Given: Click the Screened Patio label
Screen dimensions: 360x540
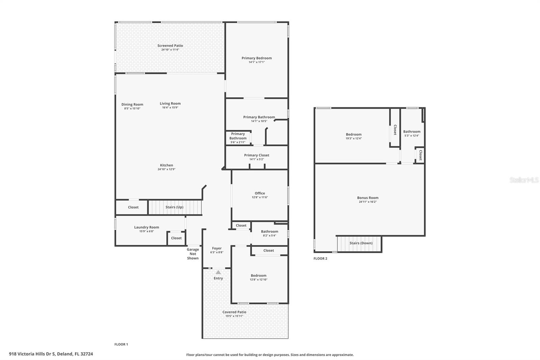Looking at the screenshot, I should (170, 46).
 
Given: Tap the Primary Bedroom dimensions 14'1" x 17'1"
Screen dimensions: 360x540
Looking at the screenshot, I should (256, 62).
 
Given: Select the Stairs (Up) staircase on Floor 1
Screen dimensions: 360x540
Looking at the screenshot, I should (174, 207).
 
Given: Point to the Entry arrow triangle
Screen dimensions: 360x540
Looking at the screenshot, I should (218, 272).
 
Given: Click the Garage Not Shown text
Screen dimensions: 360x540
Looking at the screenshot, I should (193, 254).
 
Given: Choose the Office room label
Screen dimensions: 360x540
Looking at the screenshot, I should (260, 193).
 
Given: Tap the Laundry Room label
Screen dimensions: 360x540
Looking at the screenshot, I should (146, 227).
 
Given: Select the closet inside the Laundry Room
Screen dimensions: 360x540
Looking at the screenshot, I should (176, 238).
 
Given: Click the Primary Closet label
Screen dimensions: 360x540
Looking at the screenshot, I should (256, 155).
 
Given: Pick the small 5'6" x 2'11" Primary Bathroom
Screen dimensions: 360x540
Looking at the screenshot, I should (238, 138).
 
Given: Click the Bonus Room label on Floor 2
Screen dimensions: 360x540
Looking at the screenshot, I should (368, 198).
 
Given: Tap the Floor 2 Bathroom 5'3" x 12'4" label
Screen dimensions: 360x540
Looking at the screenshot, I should (412, 132).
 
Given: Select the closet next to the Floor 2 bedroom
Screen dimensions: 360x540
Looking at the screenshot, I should (395, 130).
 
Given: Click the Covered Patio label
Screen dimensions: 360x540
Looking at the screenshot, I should (234, 312).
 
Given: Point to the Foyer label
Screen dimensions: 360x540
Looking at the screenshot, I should (217, 248).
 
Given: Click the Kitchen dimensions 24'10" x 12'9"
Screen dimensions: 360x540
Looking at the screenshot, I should (166, 170).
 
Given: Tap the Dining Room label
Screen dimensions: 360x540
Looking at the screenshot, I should (132, 104).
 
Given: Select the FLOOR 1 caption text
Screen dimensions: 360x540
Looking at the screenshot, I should (121, 344).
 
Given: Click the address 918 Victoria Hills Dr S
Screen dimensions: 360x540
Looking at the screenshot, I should (51, 354).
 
